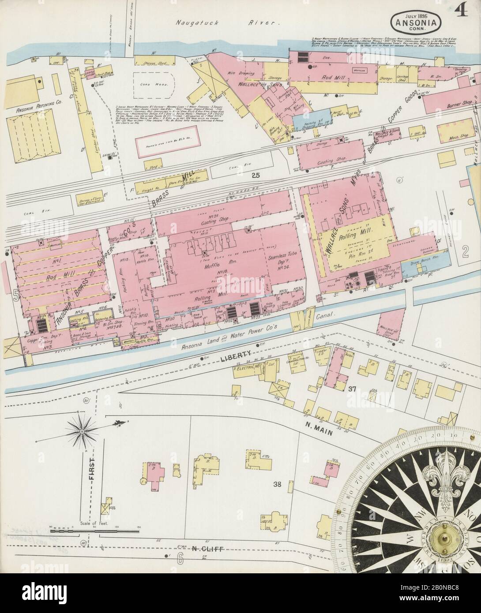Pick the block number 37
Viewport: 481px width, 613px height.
click(351, 389)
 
